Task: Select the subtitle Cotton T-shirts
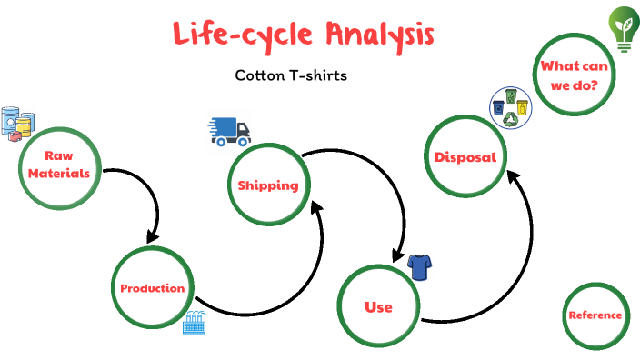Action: tap(291, 75)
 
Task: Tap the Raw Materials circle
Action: tap(59, 165)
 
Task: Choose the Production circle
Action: tap(153, 288)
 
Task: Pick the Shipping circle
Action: tap(268, 185)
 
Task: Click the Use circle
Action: tap(378, 307)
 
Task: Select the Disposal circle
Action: tap(465, 157)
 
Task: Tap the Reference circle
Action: tap(595, 315)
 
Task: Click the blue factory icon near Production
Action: tap(195, 322)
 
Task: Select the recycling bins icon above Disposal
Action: tap(509, 108)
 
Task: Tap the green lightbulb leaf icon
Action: tap(624, 28)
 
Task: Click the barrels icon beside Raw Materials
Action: tap(18, 123)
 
